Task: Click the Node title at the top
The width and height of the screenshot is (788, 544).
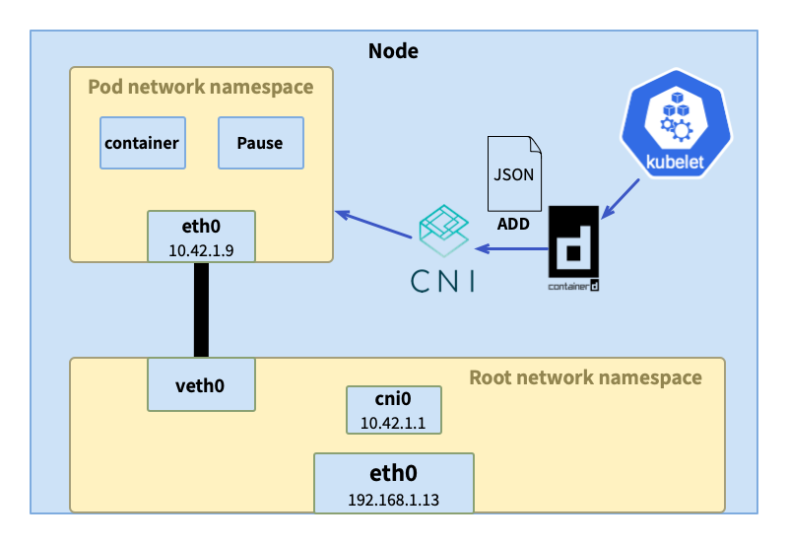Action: (393, 51)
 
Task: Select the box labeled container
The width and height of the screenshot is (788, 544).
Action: (142, 143)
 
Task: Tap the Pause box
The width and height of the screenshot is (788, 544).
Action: (260, 143)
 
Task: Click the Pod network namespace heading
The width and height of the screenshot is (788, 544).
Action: (201, 87)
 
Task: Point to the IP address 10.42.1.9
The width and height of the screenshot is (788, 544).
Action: (201, 250)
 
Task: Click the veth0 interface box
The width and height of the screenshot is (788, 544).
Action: (201, 384)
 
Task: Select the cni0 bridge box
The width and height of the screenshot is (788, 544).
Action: (393, 410)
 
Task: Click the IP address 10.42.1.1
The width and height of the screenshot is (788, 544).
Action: (393, 423)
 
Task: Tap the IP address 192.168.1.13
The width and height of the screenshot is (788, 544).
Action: (393, 500)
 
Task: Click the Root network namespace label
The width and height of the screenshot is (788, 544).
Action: (585, 377)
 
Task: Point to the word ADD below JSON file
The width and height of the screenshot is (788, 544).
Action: (513, 224)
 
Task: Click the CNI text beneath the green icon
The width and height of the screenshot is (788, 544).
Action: (443, 282)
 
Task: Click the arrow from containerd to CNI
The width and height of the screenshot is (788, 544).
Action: (511, 247)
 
